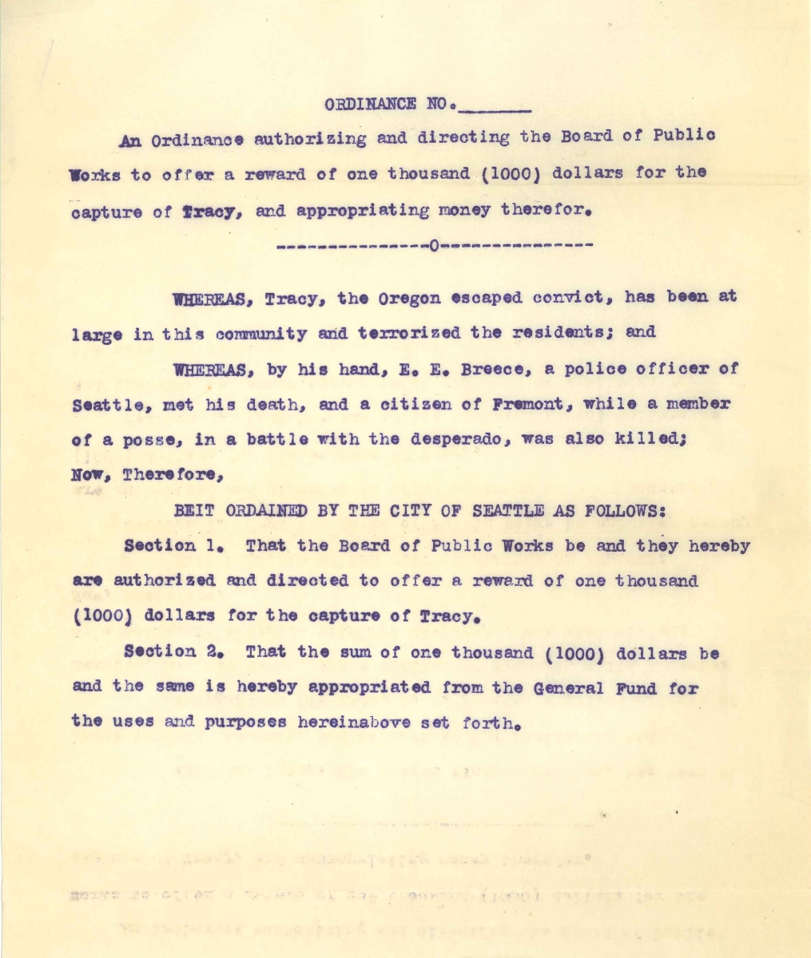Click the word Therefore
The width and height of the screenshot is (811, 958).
175,474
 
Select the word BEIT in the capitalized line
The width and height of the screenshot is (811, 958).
192,509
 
